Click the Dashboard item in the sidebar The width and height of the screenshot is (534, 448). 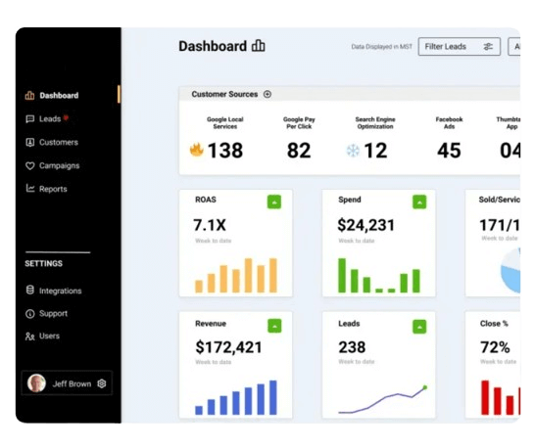pyautogui.click(x=59, y=96)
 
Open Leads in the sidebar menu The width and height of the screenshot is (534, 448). pyautogui.click(x=50, y=118)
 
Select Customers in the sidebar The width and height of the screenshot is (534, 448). pyautogui.click(x=58, y=142)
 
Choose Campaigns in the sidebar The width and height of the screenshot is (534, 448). pyautogui.click(x=59, y=165)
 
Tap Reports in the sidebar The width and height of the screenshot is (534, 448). pyautogui.click(x=53, y=189)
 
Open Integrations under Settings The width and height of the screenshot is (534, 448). pyautogui.click(x=60, y=291)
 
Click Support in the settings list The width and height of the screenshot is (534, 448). pyautogui.click(x=53, y=314)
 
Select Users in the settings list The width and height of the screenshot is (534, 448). pyautogui.click(x=49, y=336)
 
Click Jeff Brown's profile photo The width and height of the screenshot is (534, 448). pyautogui.click(x=37, y=383)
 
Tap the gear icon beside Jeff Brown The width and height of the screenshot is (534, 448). pyautogui.click(x=102, y=383)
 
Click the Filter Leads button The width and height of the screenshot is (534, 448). pyautogui.click(x=459, y=47)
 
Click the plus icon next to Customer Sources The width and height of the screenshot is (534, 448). pyautogui.click(x=267, y=95)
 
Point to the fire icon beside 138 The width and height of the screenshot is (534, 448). pyautogui.click(x=196, y=151)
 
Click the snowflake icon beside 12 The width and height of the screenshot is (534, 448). pyautogui.click(x=353, y=151)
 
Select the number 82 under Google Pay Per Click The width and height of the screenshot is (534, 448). pyautogui.click(x=299, y=151)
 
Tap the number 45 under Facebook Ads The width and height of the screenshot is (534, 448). pyautogui.click(x=449, y=151)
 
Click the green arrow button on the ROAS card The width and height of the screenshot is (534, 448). pyautogui.click(x=274, y=202)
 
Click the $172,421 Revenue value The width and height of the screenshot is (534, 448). pyautogui.click(x=228, y=347)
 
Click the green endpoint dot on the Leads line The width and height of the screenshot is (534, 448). pyautogui.click(x=424, y=387)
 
